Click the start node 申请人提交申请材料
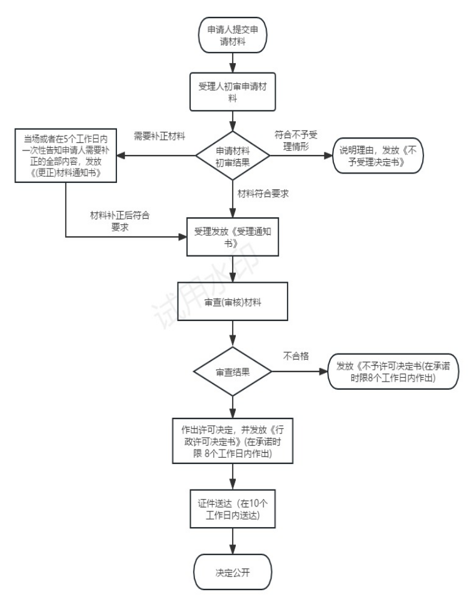click(233, 35)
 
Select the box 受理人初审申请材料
click(233, 92)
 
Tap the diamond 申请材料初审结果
click(233, 155)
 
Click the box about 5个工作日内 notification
click(66, 155)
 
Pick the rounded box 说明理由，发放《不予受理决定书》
click(378, 155)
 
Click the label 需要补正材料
click(159, 136)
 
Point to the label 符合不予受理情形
click(296, 141)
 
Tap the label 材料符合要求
click(263, 194)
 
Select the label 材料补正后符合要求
click(120, 221)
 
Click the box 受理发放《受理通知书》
click(233, 237)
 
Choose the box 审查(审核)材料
click(233, 302)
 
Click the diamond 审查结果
click(233, 372)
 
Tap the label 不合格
click(296, 356)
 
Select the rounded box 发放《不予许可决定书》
click(393, 372)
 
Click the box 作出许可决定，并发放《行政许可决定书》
click(233, 441)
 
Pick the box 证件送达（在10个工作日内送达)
click(233, 509)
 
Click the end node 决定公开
click(233, 572)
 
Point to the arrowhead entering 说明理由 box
click(329, 155)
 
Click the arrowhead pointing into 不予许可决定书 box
click(324, 372)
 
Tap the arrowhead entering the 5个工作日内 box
click(121, 155)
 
